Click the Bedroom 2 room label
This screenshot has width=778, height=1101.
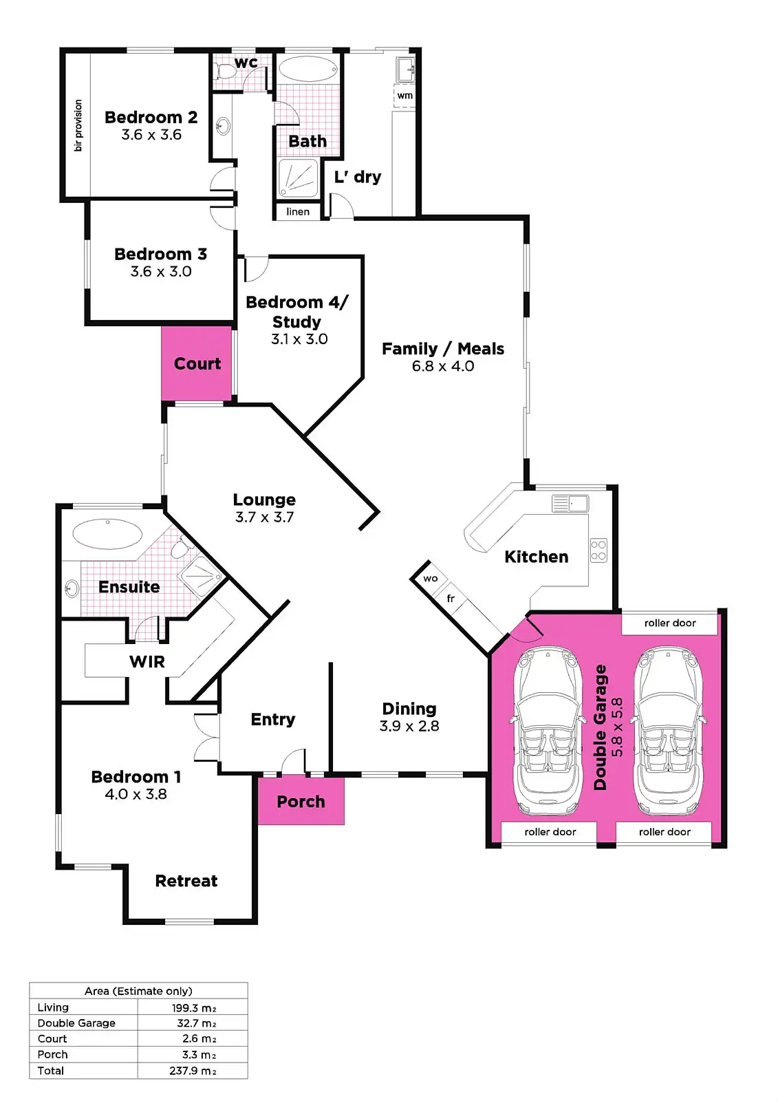click(x=151, y=118)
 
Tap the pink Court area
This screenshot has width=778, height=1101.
click(x=197, y=363)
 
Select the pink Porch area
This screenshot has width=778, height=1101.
click(x=301, y=802)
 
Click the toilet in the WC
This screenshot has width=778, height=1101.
click(x=224, y=71)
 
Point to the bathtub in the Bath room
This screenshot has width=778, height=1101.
click(x=307, y=70)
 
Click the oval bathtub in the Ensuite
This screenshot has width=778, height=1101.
click(x=107, y=533)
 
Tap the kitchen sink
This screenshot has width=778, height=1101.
click(x=570, y=504)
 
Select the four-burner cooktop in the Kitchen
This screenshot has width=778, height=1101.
click(x=598, y=550)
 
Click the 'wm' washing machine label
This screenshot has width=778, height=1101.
click(x=405, y=96)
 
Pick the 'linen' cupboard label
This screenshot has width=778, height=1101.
click(x=298, y=212)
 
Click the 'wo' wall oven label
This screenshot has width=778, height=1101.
click(x=431, y=579)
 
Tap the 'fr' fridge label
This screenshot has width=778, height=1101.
click(x=451, y=599)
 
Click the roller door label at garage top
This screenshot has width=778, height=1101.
click(x=670, y=623)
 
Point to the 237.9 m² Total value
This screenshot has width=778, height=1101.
click(x=193, y=1071)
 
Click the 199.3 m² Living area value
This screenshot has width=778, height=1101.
click(x=194, y=1008)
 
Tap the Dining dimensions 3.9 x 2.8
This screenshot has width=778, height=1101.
click(x=409, y=726)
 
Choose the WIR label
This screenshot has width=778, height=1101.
click(x=147, y=662)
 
